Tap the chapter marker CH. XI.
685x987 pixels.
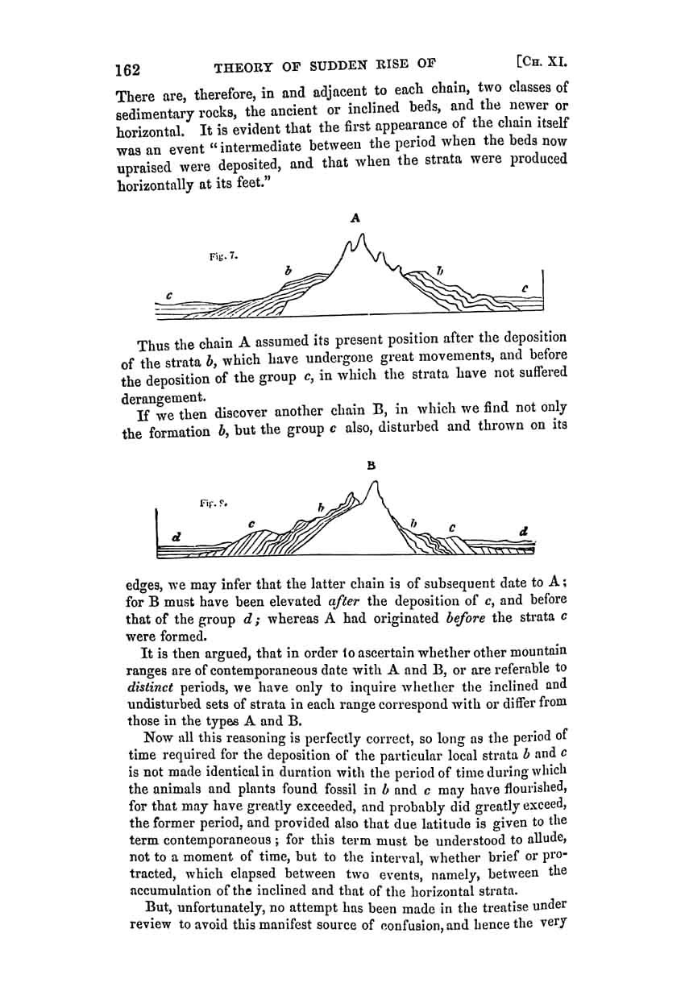point(536,60)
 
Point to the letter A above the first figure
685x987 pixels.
point(355,216)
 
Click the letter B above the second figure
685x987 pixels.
point(372,465)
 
